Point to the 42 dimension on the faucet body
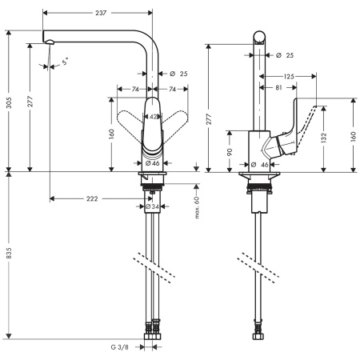tap(153, 116)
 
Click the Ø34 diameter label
tap(150, 206)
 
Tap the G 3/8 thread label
tap(121, 348)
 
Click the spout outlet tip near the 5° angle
tap(49, 42)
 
